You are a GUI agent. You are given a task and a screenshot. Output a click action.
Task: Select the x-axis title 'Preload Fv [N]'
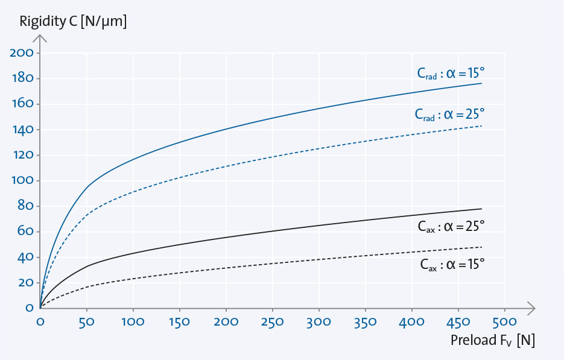[x=492, y=339]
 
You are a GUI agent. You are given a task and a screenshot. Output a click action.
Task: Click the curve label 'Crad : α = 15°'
[x=451, y=74]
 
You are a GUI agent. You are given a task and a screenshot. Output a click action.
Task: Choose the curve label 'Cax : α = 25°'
[x=451, y=227]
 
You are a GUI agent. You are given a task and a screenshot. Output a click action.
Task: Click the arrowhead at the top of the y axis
[x=40, y=39]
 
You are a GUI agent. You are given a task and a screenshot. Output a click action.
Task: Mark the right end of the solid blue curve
[x=481, y=83]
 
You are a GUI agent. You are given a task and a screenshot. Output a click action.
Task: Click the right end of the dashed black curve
[x=481, y=247]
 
